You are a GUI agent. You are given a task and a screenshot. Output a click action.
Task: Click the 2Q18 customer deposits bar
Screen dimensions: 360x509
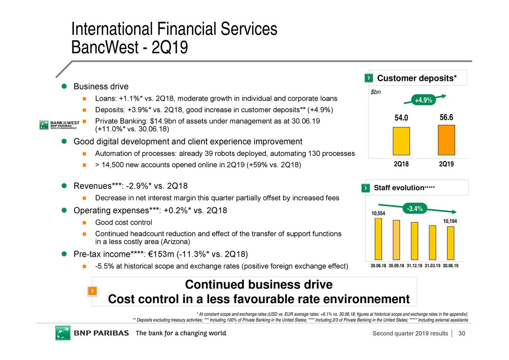click(401, 141)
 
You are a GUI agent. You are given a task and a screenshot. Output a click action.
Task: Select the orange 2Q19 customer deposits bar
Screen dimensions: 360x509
click(446, 140)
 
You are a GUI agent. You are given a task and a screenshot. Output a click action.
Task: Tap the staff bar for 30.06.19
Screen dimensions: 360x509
click(451, 243)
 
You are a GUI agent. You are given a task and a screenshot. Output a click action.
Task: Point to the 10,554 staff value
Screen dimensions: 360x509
click(378, 214)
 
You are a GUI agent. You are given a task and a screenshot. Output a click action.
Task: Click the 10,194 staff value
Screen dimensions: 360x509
click(450, 221)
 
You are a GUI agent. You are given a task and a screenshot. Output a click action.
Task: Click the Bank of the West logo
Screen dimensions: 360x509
click(60, 125)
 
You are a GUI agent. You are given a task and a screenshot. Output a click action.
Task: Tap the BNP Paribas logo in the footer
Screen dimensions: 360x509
click(92, 333)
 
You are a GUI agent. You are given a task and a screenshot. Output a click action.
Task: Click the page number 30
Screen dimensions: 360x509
click(462, 333)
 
